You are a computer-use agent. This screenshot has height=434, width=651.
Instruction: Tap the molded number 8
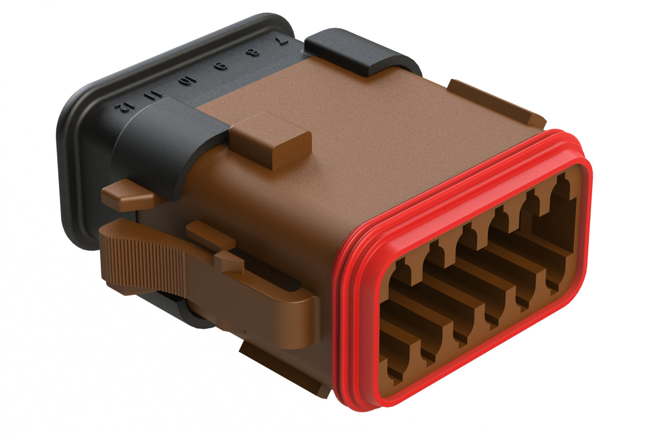coord(255,53)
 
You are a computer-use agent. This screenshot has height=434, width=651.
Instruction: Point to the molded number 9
coord(221,67)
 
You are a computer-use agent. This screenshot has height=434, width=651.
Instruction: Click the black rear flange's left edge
coord(65,180)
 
